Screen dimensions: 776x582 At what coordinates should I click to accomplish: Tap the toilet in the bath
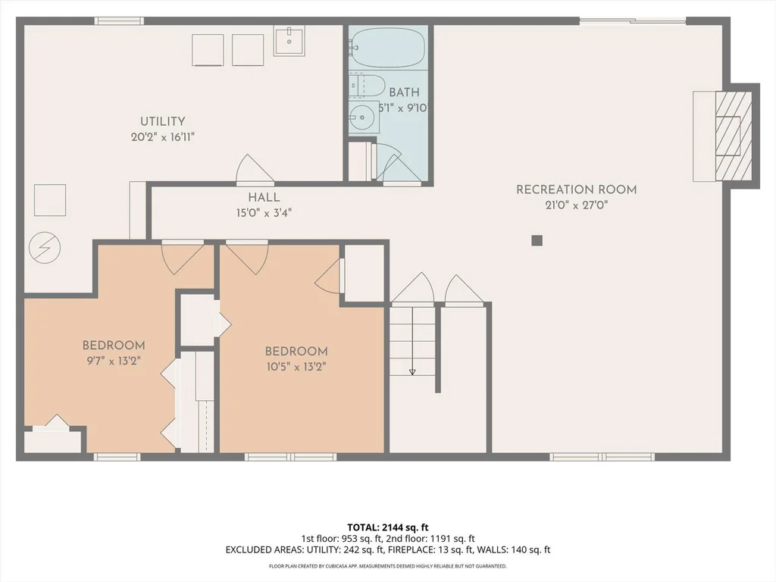click(x=367, y=86)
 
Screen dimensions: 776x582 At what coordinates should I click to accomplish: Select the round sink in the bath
click(x=363, y=117)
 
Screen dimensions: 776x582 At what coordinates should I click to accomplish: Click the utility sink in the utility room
click(x=289, y=41)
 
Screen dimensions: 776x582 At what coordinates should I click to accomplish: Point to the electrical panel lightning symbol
click(x=45, y=248)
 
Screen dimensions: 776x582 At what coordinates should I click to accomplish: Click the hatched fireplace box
click(x=734, y=136)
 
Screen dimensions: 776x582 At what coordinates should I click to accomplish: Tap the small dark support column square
click(x=537, y=240)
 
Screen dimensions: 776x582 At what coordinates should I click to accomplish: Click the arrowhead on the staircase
click(x=412, y=371)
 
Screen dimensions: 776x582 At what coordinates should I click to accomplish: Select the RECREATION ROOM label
click(x=577, y=189)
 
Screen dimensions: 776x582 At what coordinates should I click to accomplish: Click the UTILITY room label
click(x=163, y=121)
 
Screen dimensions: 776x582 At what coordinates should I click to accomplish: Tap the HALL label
click(x=264, y=198)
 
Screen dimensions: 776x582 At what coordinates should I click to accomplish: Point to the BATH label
click(x=405, y=92)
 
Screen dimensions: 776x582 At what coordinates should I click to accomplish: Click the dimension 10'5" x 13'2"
click(x=296, y=367)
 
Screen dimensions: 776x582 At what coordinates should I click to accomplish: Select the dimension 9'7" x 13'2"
click(x=114, y=361)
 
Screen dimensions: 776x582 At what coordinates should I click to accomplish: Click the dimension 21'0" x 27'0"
click(x=576, y=205)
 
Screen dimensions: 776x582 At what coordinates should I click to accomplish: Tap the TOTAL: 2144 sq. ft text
click(x=387, y=527)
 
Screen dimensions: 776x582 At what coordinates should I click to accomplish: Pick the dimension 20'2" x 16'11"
click(x=163, y=137)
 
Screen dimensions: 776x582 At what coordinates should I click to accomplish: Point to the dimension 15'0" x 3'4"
click(x=264, y=213)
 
